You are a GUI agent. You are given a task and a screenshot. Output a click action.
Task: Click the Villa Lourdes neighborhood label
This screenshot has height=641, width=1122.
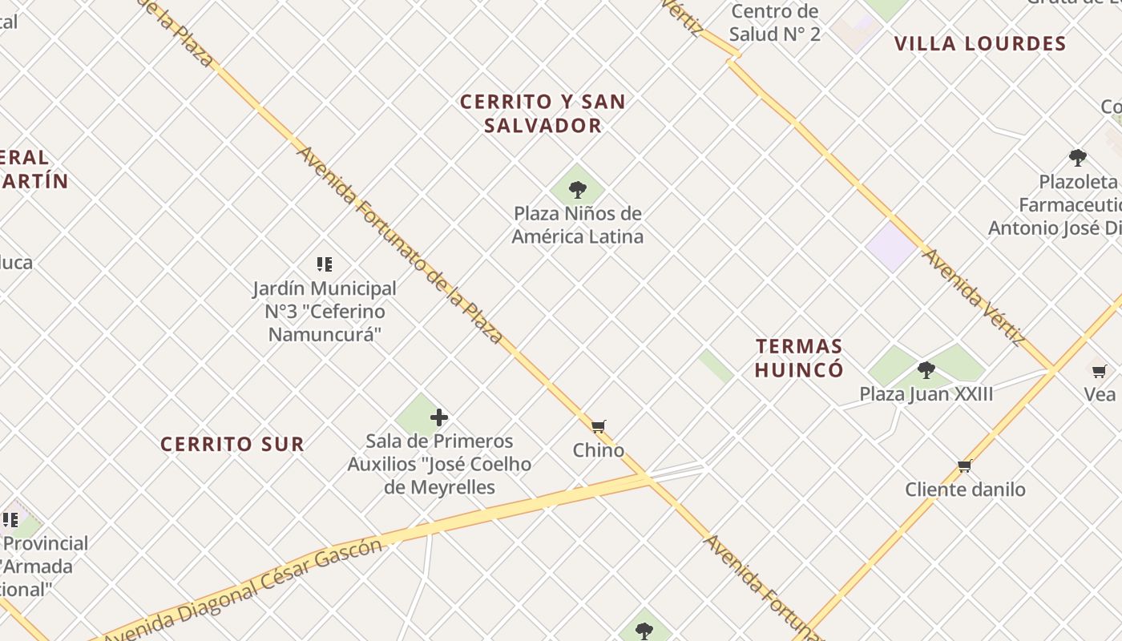(x=980, y=43)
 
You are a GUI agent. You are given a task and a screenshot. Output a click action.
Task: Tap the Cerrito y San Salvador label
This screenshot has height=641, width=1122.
(x=542, y=113)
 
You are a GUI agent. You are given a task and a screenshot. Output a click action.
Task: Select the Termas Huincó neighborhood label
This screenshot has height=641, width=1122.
(x=799, y=358)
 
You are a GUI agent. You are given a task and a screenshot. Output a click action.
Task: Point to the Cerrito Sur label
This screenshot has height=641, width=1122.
(x=232, y=444)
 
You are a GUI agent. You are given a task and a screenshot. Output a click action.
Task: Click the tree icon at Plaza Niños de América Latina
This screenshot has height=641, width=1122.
(x=577, y=190)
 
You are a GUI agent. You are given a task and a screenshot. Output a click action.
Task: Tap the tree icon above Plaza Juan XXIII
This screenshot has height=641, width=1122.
(x=926, y=370)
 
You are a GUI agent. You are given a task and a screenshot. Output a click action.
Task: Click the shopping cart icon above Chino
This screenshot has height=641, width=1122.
(x=598, y=426)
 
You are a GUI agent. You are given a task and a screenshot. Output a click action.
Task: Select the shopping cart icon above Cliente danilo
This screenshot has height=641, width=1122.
(x=965, y=466)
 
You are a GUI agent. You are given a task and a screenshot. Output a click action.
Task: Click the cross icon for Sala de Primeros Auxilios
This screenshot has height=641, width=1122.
(x=438, y=417)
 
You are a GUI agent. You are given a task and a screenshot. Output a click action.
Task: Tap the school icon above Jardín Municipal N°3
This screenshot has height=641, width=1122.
(x=324, y=264)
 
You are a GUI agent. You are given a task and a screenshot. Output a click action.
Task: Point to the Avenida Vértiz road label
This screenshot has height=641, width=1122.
(x=974, y=297)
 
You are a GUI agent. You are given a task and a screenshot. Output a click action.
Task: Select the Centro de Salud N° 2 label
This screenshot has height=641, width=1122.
(x=775, y=22)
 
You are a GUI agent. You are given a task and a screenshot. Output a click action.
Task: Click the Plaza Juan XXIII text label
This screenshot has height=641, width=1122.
(x=926, y=394)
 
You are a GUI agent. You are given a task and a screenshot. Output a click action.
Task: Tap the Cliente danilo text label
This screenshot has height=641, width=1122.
(x=965, y=490)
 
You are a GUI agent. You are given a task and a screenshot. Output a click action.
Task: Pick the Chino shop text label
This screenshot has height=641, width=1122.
(x=598, y=450)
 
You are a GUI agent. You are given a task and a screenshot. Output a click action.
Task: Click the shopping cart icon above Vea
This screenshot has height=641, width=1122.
(x=1099, y=371)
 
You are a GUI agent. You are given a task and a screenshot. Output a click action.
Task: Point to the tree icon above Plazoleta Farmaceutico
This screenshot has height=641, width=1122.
(x=1078, y=157)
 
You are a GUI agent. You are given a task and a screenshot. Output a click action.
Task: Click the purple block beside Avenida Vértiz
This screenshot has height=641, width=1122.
(x=890, y=246)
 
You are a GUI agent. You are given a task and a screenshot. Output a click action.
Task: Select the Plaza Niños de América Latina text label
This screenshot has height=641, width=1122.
(x=577, y=225)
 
